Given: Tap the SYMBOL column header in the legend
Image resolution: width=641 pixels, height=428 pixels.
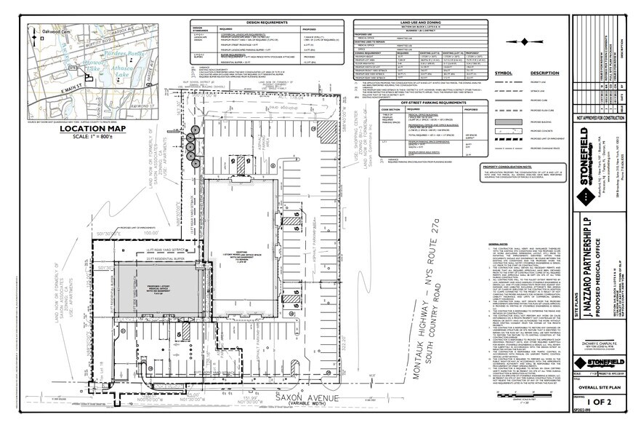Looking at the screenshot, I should click(x=503, y=73).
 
